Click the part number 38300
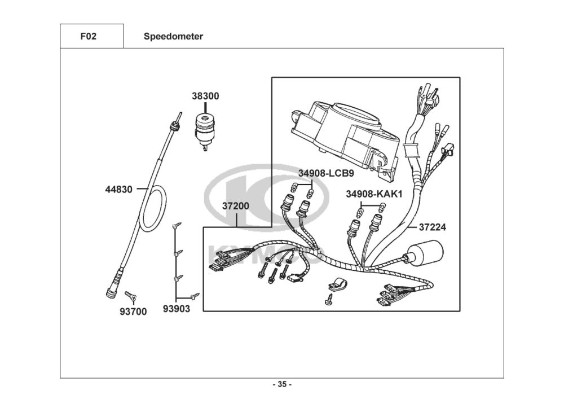point(205,96)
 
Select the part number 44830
point(118,189)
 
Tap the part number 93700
point(133,312)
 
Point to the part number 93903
point(176,309)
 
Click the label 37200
point(236,206)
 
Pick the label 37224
point(433,227)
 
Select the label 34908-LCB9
point(326,173)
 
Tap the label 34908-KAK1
point(374,194)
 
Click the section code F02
point(89,36)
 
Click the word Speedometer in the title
point(173,36)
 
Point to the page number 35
point(283,384)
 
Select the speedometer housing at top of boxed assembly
point(345,141)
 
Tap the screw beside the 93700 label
point(131,296)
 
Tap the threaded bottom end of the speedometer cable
point(114,286)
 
